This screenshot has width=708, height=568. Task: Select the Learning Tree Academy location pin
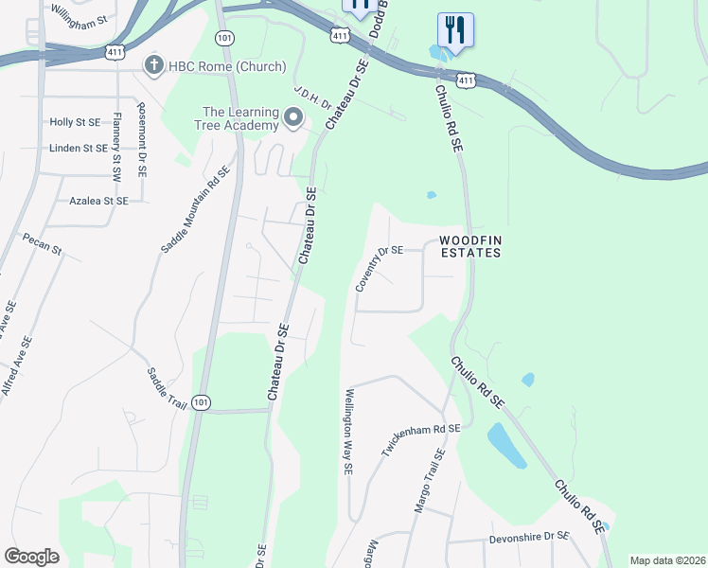coord(293,118)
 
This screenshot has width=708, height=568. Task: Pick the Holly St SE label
coord(75,122)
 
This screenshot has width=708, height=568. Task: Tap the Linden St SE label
coord(79,149)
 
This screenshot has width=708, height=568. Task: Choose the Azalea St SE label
coord(98,201)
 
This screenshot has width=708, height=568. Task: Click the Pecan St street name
coord(42,244)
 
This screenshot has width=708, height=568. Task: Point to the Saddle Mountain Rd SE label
coord(195,210)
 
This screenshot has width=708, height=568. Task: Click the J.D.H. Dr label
coord(311,98)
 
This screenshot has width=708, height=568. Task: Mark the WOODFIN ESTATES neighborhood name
coord(469,246)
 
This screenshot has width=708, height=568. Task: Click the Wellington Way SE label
coord(348,431)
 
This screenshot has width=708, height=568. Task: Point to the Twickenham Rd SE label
coord(420,441)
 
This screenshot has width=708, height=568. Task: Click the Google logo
coord(31,557)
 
